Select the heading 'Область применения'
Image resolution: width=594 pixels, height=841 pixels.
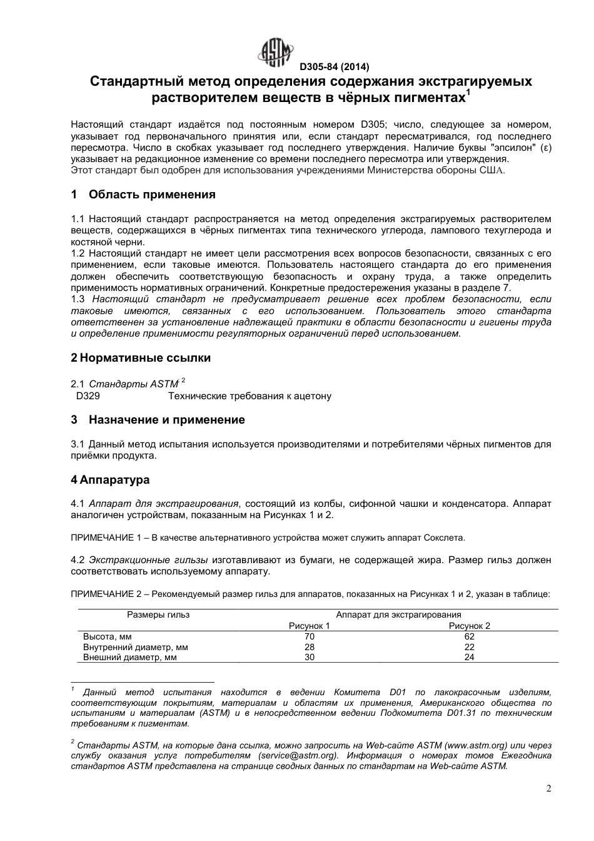click(x=152, y=195)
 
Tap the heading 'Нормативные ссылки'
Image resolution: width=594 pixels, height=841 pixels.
click(x=145, y=358)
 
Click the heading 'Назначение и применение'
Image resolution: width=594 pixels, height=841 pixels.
click(x=166, y=420)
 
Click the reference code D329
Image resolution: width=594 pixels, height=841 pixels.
click(x=88, y=396)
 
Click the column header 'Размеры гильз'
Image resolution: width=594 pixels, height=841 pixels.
click(x=158, y=614)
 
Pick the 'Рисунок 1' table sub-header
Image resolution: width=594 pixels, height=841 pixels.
click(x=309, y=626)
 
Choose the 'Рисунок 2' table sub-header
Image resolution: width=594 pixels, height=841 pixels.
click(x=470, y=626)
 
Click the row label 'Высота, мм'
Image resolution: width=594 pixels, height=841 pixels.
click(x=108, y=637)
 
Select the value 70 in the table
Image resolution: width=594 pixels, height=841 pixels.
click(x=309, y=637)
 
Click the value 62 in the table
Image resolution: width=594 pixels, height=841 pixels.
click(x=470, y=637)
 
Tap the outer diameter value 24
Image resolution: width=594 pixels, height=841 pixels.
click(x=470, y=657)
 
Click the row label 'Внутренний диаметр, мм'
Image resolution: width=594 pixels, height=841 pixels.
click(x=136, y=647)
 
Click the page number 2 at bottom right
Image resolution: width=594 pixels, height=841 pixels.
click(x=548, y=789)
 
